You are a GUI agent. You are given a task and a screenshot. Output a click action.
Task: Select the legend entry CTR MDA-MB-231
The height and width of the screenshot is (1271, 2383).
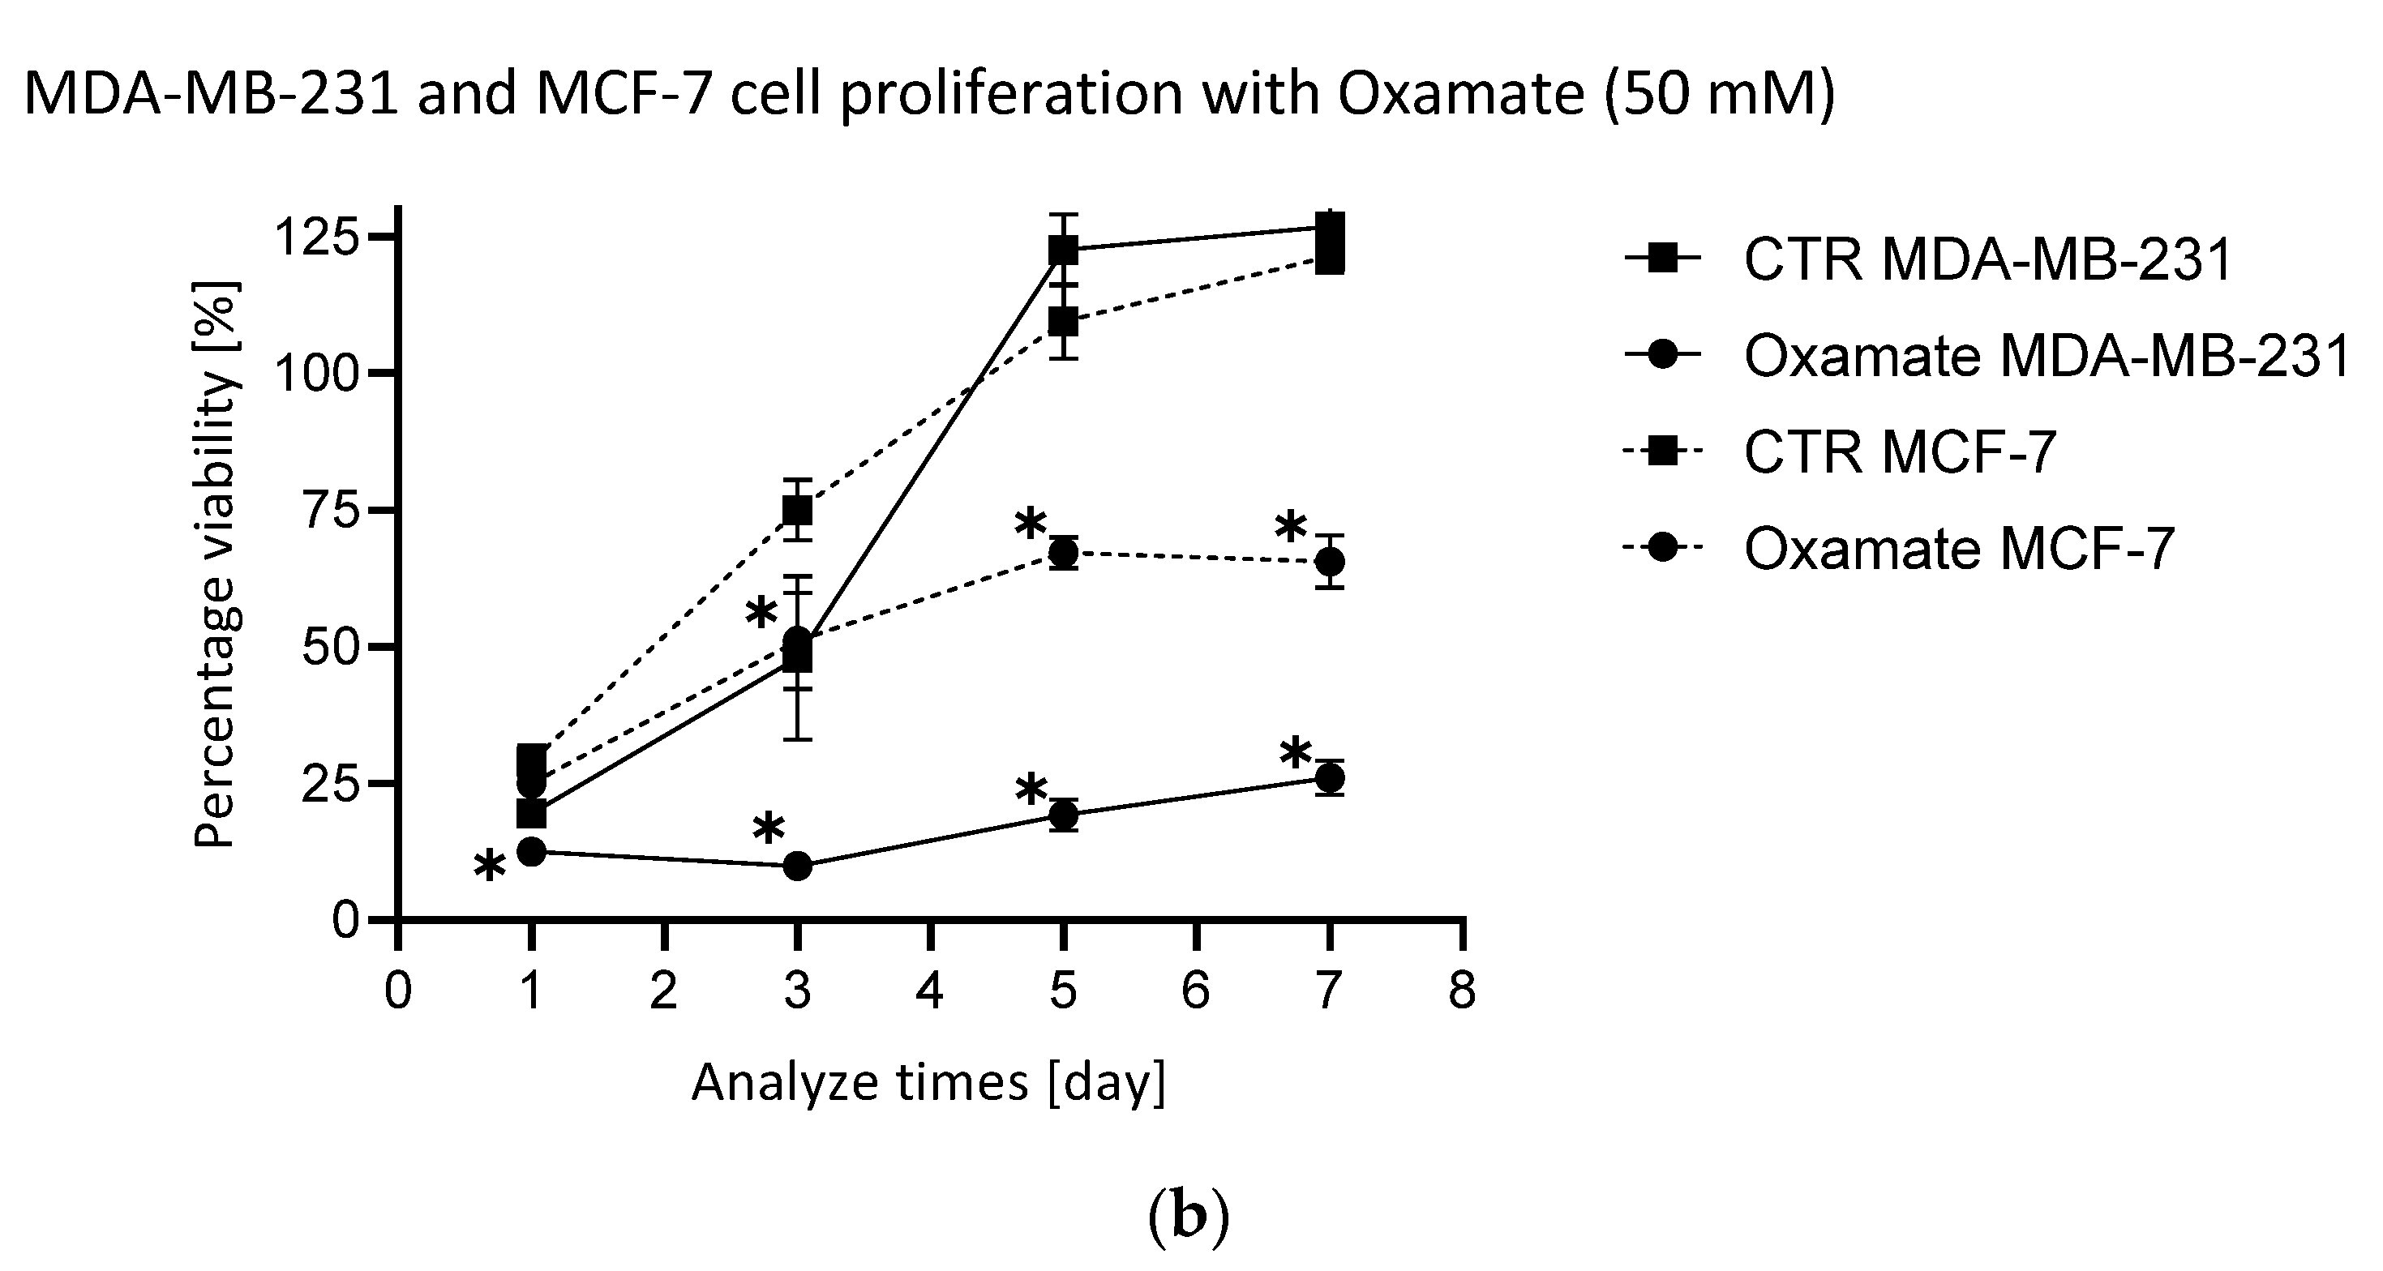1988,260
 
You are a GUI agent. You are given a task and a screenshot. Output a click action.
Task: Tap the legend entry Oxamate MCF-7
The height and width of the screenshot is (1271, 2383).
1958,550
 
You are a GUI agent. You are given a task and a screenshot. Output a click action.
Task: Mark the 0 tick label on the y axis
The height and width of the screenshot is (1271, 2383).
345,920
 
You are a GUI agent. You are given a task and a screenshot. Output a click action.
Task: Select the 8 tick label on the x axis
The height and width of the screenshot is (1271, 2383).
1463,991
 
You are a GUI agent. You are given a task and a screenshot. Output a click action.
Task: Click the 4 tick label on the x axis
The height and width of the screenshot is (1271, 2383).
930,991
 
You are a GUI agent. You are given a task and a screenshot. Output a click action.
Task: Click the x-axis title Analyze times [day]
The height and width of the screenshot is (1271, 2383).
928,1082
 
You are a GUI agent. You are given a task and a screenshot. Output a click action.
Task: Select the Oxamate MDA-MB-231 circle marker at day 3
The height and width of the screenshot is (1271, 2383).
797,867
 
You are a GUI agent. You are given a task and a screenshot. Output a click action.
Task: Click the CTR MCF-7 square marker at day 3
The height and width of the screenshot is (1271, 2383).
797,510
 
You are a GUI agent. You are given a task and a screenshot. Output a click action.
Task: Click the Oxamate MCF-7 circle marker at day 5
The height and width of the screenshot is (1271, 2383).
1064,553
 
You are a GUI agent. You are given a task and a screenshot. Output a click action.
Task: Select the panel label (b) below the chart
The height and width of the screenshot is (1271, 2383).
1189,1219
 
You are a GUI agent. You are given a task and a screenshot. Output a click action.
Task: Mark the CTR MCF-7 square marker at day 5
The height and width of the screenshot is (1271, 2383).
1064,323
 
